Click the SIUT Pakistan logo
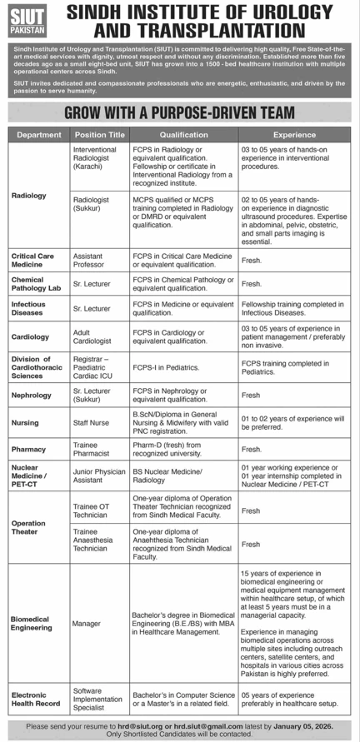coord(30,22)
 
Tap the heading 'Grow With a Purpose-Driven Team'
coord(179,112)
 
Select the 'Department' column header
coord(39,134)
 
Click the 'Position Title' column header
coord(99,134)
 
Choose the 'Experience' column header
coord(294,134)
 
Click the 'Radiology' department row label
coord(29,196)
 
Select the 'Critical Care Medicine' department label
coord(33,260)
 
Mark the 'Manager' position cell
coord(87,622)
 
